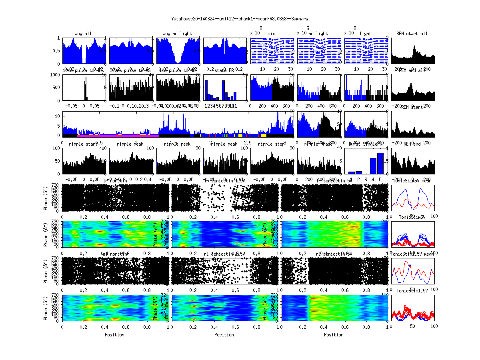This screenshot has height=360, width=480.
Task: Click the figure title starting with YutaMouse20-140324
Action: [240, 18]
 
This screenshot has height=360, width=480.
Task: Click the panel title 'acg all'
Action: [83, 34]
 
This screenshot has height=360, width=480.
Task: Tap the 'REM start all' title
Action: [412, 34]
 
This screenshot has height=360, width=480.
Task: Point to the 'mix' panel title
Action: [272, 34]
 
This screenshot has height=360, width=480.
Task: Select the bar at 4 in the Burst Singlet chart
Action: [373, 166]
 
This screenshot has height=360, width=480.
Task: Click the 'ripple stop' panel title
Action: [272, 144]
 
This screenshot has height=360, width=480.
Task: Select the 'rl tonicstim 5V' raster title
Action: [334, 254]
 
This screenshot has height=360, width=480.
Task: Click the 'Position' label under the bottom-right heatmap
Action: [334, 335]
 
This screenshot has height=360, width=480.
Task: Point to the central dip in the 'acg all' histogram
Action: [84, 58]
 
